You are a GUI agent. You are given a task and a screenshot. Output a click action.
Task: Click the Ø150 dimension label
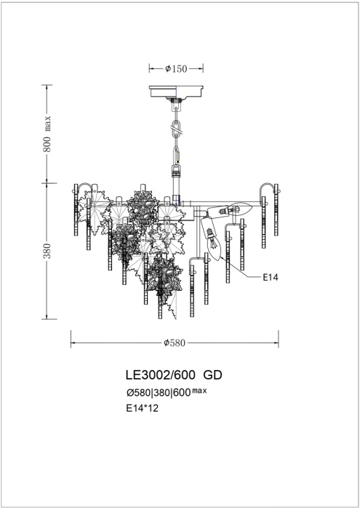(x=175, y=69)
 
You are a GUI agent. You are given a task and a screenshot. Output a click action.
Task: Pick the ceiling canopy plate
(x=176, y=92)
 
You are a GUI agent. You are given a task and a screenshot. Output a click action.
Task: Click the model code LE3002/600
(x=160, y=376)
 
